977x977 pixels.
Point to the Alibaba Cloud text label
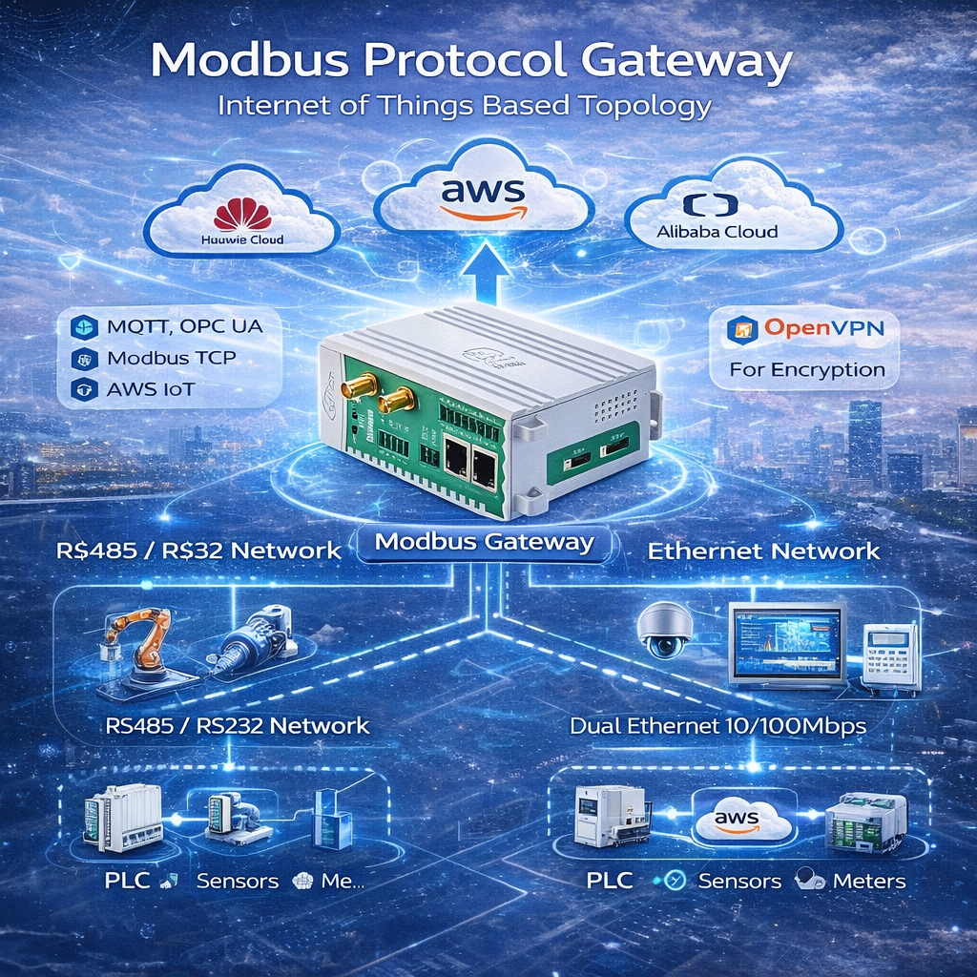(717, 231)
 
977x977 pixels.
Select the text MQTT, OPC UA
(184, 326)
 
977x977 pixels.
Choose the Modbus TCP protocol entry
(172, 359)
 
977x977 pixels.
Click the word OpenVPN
(825, 329)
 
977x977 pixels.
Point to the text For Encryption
(807, 369)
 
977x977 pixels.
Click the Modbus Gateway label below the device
(485, 543)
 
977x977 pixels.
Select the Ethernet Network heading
(763, 551)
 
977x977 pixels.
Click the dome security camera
(666, 630)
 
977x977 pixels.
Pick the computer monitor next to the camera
(786, 642)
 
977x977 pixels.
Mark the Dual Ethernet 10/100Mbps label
(717, 726)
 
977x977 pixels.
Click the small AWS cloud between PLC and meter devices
(741, 820)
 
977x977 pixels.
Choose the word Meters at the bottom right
(868, 881)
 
